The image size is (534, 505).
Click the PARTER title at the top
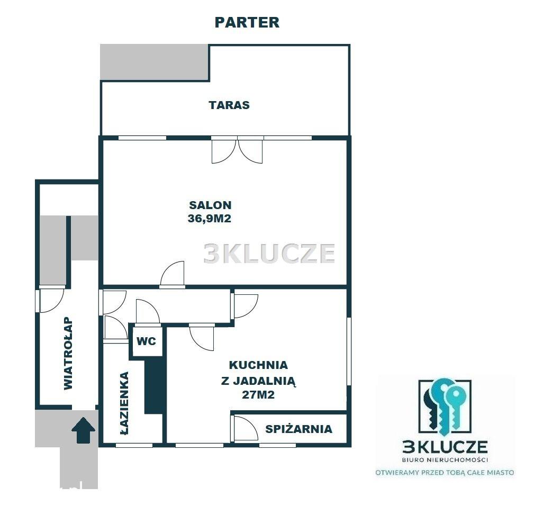click(247, 22)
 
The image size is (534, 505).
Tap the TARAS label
click(229, 105)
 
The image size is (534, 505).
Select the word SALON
click(210, 205)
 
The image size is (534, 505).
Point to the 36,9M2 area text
click(210, 218)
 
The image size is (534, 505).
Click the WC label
click(146, 341)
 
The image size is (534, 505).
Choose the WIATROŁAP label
click(68, 354)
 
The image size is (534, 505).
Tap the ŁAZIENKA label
click(125, 403)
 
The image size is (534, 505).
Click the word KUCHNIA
click(258, 365)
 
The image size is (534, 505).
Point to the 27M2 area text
click(258, 395)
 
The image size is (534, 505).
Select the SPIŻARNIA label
click(298, 429)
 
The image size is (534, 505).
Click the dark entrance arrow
click(83, 431)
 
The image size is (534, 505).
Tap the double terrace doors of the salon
click(237, 150)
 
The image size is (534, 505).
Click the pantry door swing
click(245, 428)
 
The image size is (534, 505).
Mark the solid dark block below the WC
click(154, 385)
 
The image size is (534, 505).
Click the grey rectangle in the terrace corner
click(155, 62)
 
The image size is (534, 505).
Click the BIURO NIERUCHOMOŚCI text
click(445, 459)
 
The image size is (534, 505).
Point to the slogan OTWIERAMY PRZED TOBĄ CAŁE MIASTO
click(445, 473)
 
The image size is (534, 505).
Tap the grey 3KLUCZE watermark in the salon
click(269, 254)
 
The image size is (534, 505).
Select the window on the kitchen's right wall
click(349, 351)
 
